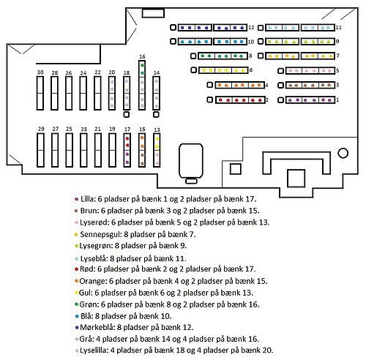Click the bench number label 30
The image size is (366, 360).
point(40,72)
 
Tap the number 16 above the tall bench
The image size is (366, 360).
point(142,56)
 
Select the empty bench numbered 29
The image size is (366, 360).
point(40,150)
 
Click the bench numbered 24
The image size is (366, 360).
point(83,93)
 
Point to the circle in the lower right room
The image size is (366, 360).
point(343,153)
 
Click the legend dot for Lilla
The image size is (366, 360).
point(76,199)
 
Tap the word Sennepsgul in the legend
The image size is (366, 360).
point(100,234)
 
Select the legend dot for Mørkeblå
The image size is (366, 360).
point(77,328)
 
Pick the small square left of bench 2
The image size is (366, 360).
point(210,100)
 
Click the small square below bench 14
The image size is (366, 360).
point(156,114)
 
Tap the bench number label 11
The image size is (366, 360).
point(338,27)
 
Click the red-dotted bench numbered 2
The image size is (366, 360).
point(240,100)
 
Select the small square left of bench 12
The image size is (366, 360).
point(173,27)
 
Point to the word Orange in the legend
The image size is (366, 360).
point(93,281)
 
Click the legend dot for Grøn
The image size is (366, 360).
point(76,304)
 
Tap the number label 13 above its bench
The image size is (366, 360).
point(157,130)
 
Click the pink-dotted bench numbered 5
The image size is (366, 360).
point(310,71)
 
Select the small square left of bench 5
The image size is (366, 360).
point(281,71)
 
